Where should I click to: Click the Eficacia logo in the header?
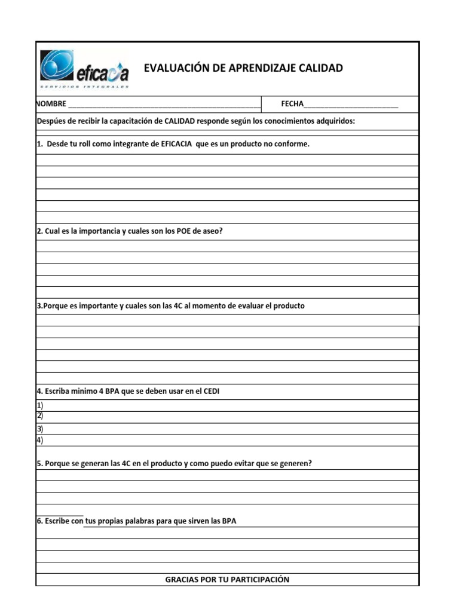point(84,69)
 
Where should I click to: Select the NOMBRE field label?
point(51,104)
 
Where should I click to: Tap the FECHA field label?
point(292,104)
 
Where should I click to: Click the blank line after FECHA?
point(351,105)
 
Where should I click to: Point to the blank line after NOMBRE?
point(164,105)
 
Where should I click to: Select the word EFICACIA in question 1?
point(177,144)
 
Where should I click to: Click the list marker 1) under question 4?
point(40,405)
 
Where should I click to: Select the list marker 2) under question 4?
point(40,415)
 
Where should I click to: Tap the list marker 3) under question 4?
point(40,429)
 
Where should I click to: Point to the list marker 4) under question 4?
point(40,440)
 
